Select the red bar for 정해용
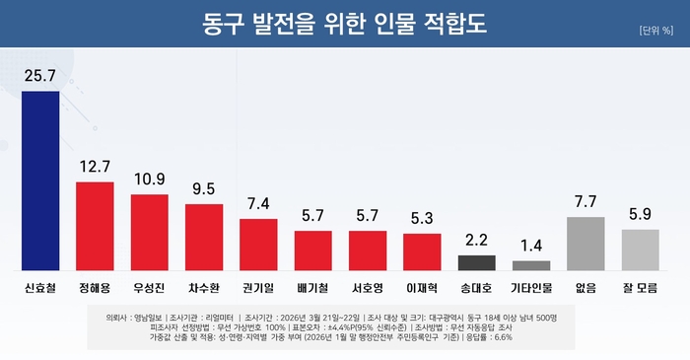click(95, 226)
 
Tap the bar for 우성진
click(150, 232)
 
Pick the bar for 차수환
click(204, 237)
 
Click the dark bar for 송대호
click(477, 262)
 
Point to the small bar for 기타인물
click(532, 265)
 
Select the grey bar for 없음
click(586, 244)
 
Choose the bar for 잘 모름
click(641, 250)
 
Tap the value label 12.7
click(95, 167)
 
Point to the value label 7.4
click(258, 203)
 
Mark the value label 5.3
click(422, 218)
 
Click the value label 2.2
click(477, 240)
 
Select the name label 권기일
click(258, 290)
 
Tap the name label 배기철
click(313, 290)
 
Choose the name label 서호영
click(368, 290)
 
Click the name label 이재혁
click(422, 290)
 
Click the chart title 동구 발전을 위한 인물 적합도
click(345, 21)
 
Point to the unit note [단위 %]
click(655, 30)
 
